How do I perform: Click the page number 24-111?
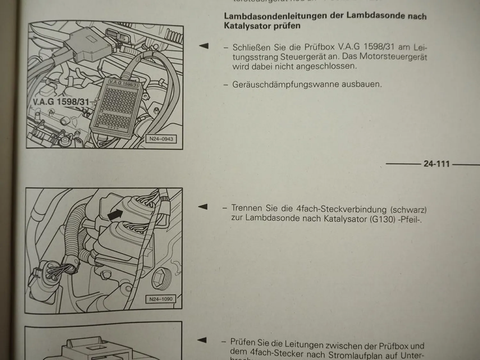click(436, 164)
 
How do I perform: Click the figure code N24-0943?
click(161, 139)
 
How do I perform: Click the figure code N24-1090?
click(161, 299)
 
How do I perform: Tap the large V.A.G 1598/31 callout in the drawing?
click(61, 102)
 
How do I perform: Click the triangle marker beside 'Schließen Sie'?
click(204, 46)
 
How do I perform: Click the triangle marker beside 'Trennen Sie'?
click(203, 207)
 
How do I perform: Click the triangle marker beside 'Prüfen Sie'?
click(202, 340)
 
